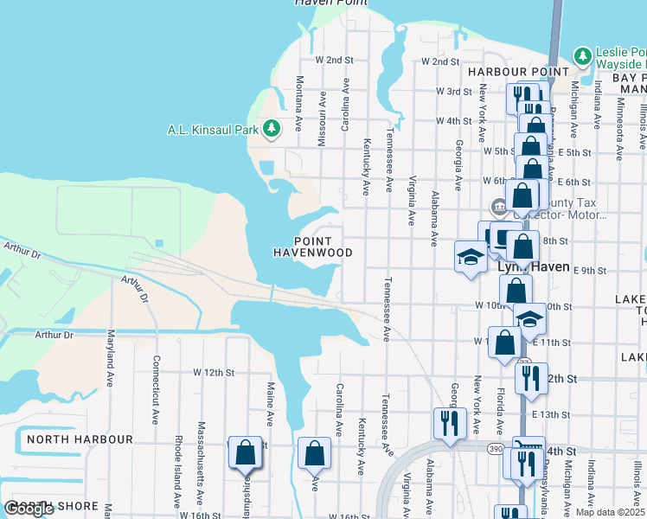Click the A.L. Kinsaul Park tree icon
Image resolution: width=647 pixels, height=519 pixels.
tap(272, 129)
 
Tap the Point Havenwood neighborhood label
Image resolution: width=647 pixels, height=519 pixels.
tap(312, 247)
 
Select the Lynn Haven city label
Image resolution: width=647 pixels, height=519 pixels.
tap(535, 267)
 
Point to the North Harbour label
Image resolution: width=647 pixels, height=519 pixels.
tap(80, 439)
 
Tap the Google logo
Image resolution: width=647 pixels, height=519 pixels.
tap(28, 509)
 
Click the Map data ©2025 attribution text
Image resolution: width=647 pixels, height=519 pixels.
tap(610, 512)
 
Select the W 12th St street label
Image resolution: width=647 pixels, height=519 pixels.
tap(213, 373)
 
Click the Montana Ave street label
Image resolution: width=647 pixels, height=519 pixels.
tap(298, 103)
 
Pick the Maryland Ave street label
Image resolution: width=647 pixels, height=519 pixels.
tap(110, 357)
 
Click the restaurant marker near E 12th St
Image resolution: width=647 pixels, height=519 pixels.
tap(530, 378)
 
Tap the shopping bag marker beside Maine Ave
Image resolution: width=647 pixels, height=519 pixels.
tap(246, 452)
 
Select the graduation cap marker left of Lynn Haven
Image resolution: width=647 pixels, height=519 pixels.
tap(471, 257)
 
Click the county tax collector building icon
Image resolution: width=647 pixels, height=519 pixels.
tap(500, 208)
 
